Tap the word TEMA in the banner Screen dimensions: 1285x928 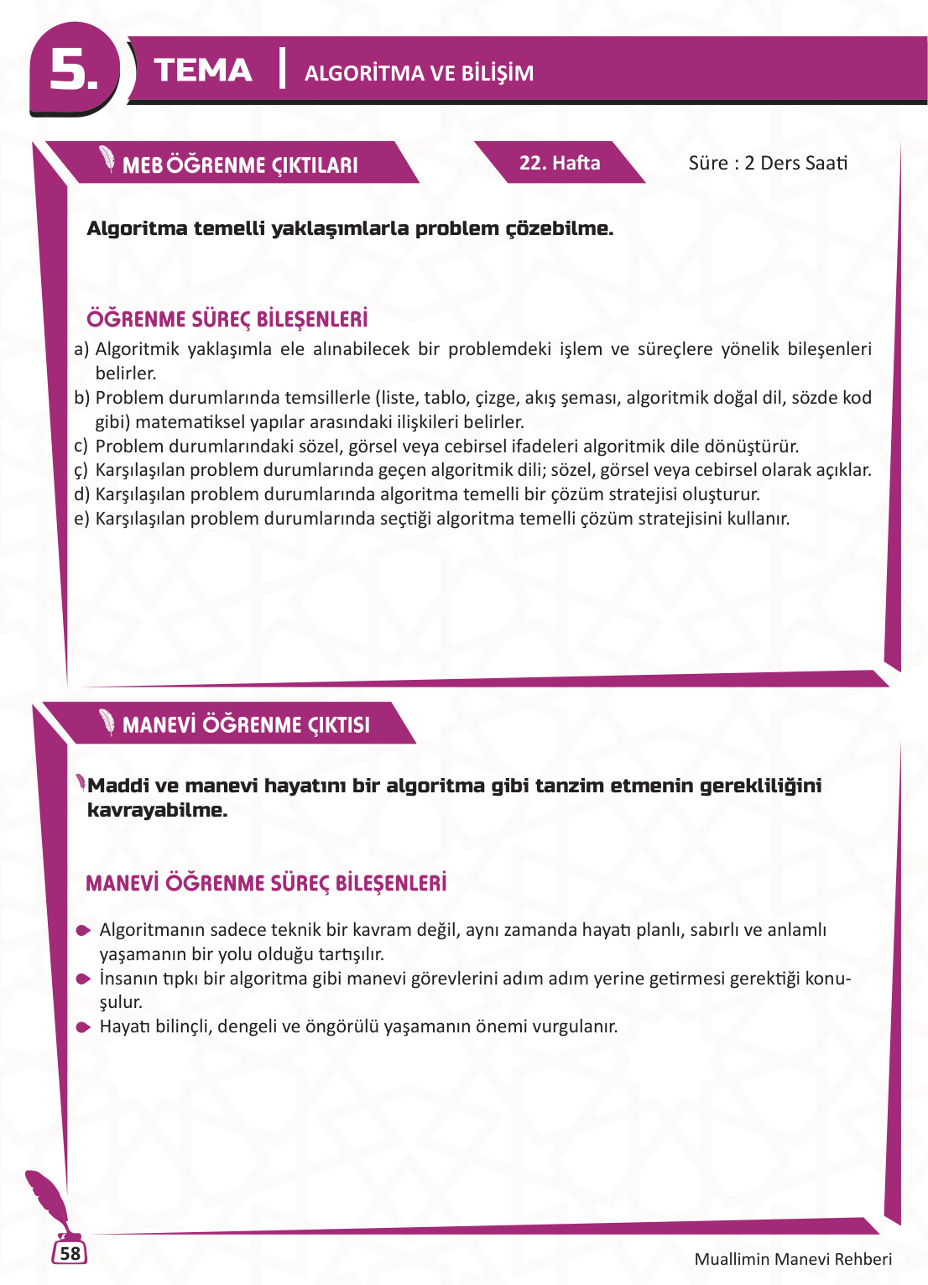tap(203, 71)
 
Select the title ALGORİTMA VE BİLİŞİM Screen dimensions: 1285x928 tap(419, 73)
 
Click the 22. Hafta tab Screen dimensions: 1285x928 tap(560, 163)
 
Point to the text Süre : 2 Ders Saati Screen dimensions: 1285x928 tap(768, 163)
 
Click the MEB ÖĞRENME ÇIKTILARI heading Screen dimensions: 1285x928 tap(240, 165)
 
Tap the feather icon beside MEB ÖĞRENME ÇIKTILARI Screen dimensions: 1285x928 tap(107, 159)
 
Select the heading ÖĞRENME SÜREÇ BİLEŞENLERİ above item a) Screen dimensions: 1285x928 tap(227, 319)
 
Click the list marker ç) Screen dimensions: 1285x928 tap(81, 471)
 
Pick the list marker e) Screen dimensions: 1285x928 tap(81, 519)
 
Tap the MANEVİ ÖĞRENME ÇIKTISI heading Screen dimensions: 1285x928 tap(246, 725)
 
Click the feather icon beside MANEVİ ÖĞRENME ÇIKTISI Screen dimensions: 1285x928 tap(107, 721)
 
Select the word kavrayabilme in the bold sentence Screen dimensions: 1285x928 tap(157, 810)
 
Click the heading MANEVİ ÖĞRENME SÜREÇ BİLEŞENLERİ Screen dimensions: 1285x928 tap(266, 883)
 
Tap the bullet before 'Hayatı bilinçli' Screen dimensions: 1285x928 tap(83, 1027)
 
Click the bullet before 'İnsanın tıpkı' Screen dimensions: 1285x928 tap(83, 979)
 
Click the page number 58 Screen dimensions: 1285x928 tap(70, 1253)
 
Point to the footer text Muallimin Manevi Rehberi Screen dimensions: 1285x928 tap(793, 1259)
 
